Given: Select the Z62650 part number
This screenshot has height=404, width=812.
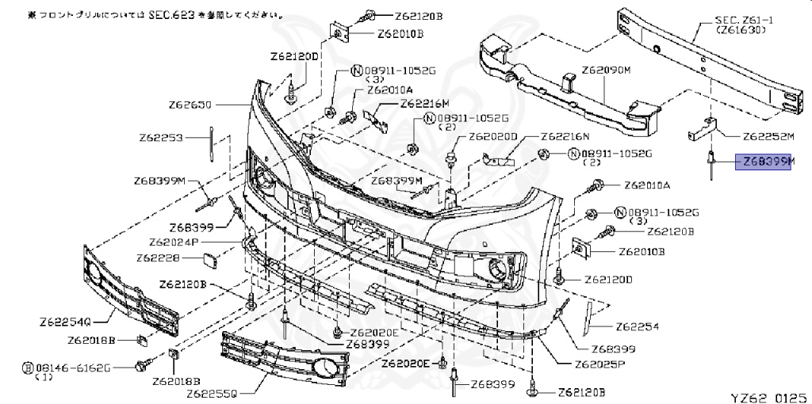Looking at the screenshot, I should click(190, 104).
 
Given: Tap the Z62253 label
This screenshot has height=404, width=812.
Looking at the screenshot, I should click(161, 138).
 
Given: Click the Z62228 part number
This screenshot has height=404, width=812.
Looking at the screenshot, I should click(158, 258).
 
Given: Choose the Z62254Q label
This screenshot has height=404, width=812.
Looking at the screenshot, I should click(67, 322).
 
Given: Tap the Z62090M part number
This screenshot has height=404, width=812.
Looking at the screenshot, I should click(605, 71).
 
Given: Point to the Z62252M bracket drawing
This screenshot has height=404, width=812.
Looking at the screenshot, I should click(708, 126).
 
